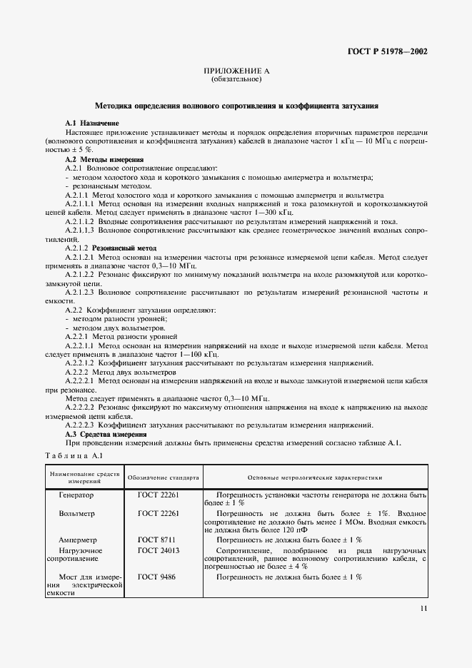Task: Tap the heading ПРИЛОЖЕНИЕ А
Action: (236, 72)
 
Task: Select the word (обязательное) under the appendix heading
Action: (236, 80)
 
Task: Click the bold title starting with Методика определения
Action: (236, 106)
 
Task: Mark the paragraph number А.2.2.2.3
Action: (84, 425)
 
